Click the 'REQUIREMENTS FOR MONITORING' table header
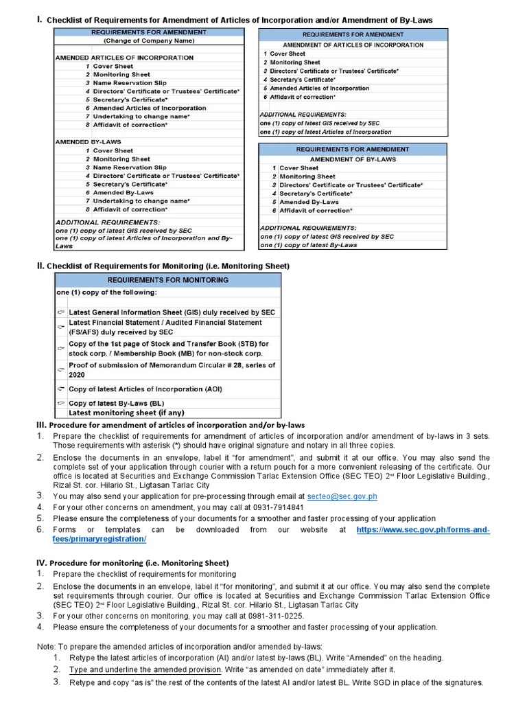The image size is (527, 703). tap(167, 280)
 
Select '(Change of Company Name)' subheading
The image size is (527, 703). tap(148, 41)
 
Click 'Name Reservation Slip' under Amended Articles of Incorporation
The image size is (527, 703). tap(130, 83)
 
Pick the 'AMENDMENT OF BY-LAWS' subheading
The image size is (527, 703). tap(353, 159)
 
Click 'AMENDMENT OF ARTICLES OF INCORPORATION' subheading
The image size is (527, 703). tap(353, 45)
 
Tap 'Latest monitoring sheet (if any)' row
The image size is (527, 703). tap(127, 413)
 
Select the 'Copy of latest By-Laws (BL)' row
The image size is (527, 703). tap(116, 404)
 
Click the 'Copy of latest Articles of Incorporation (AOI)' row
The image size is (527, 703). tap(145, 389)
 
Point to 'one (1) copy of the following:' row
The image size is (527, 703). tap(106, 292)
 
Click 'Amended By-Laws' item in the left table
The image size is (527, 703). tap(124, 192)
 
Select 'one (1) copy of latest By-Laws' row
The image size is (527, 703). tap(308, 245)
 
